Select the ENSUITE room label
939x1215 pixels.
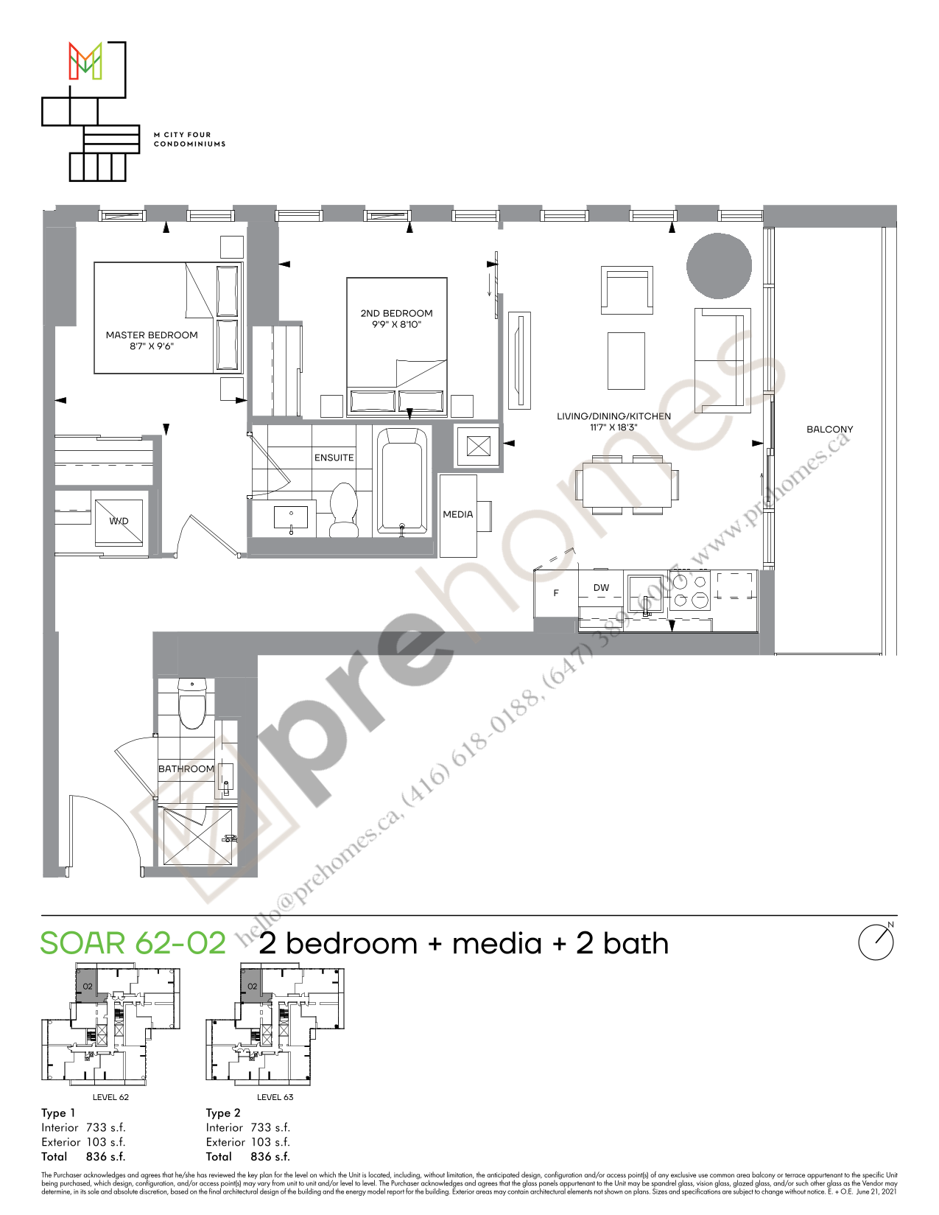[x=334, y=458]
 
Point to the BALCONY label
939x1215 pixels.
[x=829, y=429]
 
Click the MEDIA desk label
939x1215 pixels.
[x=457, y=514]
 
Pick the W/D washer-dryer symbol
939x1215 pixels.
[x=119, y=520]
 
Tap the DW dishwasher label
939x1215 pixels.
[x=601, y=587]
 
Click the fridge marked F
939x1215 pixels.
[x=556, y=592]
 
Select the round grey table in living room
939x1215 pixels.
[x=719, y=265]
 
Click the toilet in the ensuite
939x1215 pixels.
[x=343, y=508]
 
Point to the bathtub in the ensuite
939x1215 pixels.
[x=402, y=480]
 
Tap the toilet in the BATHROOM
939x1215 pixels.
[x=192, y=703]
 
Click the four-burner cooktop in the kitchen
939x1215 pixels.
[x=689, y=591]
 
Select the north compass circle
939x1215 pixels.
[x=876, y=942]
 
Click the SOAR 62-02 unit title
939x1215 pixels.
[x=133, y=944]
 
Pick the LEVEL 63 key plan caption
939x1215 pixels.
[x=275, y=1097]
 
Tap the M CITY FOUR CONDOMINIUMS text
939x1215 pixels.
[x=189, y=139]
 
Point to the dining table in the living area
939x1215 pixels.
[x=627, y=484]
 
